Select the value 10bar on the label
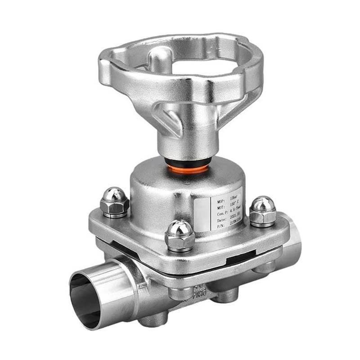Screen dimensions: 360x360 coord(234,198)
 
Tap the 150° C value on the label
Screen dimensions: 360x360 coord(234,203)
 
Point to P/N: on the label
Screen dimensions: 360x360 coord(220,226)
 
